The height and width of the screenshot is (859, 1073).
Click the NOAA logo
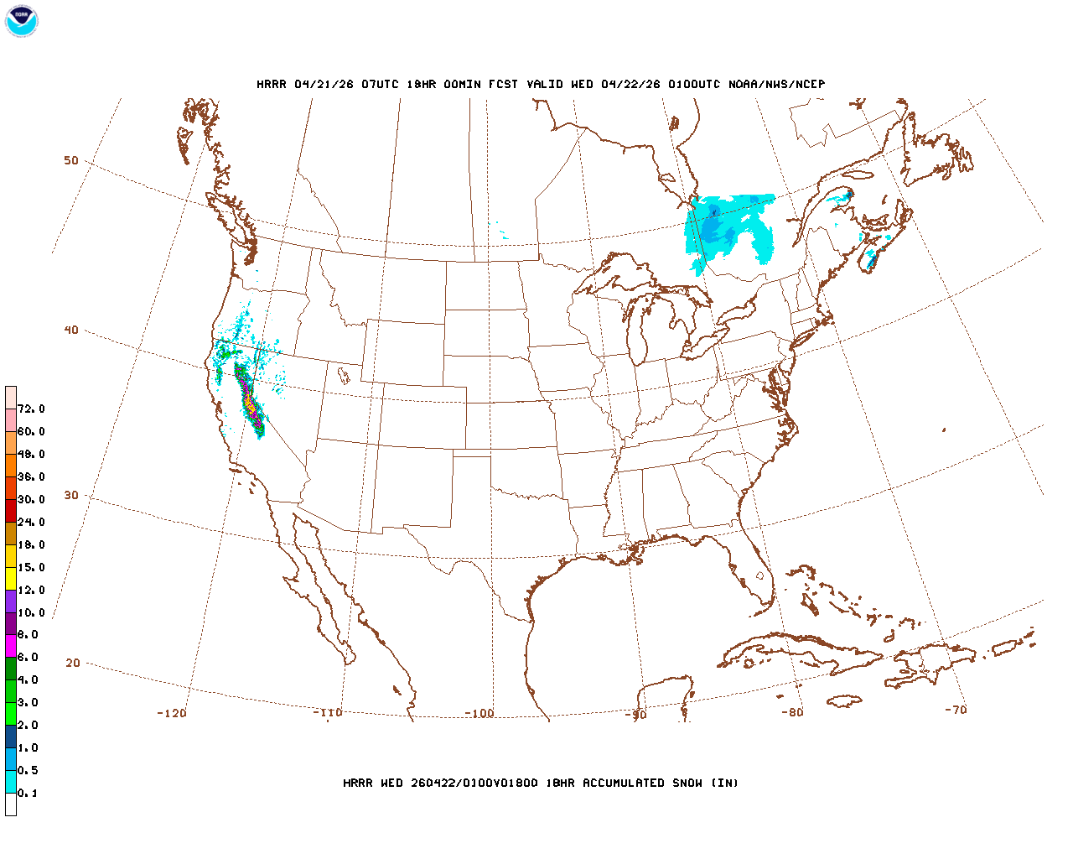click(21, 21)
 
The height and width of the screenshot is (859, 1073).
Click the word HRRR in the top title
click(272, 84)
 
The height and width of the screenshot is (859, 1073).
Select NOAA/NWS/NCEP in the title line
click(776, 84)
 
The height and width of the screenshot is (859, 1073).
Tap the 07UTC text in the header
click(380, 84)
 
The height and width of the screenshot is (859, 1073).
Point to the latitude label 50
click(71, 160)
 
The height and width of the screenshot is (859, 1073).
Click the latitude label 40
click(71, 330)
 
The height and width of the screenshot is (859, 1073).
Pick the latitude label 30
click(71, 495)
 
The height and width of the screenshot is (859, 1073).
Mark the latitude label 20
click(73, 663)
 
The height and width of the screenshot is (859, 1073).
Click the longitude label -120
click(172, 713)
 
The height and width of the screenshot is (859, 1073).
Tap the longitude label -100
click(479, 713)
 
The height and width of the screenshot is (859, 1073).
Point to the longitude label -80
click(792, 712)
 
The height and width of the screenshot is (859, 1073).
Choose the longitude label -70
click(956, 709)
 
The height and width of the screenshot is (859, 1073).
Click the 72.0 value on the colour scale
click(31, 409)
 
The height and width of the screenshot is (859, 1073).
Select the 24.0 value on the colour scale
click(31, 522)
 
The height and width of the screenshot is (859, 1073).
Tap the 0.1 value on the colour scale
click(28, 793)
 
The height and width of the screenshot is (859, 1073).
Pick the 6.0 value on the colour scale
click(28, 657)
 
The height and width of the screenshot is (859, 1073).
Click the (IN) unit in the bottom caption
click(725, 783)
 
